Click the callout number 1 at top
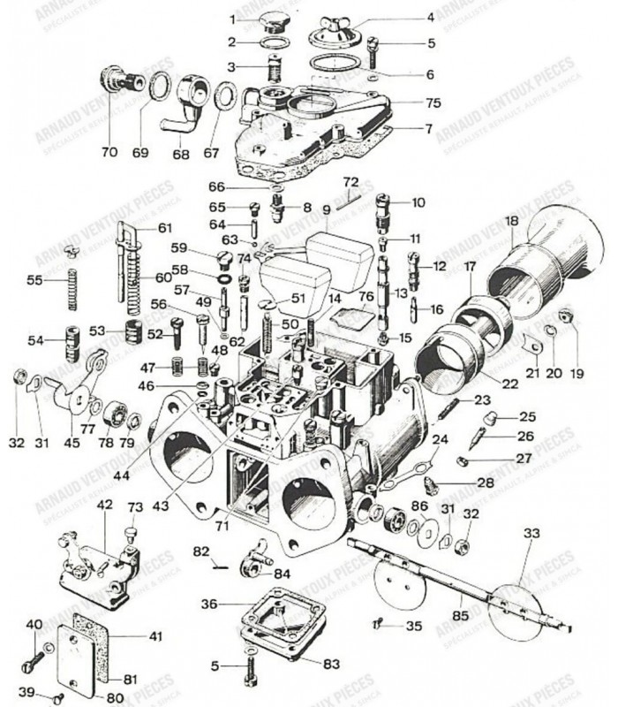click(233, 19)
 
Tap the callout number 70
click(109, 152)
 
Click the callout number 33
click(530, 533)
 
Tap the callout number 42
click(104, 505)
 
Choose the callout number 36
click(208, 604)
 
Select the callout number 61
click(165, 227)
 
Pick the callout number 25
click(526, 416)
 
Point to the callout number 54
click(34, 340)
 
